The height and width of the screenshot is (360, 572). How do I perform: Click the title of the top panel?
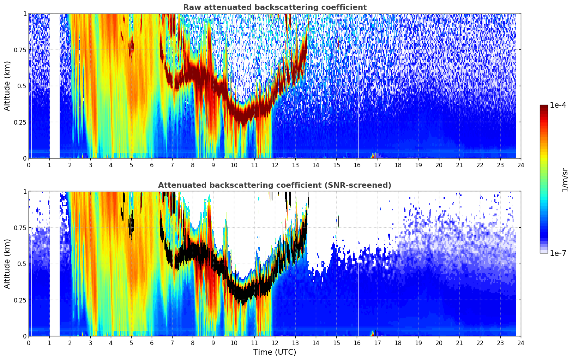(275, 7)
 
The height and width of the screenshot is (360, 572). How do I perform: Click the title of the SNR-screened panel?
(275, 185)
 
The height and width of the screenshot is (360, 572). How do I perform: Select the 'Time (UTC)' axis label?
(275, 352)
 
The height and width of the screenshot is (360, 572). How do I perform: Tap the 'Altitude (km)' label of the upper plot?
(7, 86)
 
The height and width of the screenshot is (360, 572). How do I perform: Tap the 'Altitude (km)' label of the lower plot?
(7, 264)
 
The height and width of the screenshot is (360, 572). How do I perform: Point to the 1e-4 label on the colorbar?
(558, 105)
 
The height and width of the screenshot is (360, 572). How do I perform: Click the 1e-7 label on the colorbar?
(558, 253)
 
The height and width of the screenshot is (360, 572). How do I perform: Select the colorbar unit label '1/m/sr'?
(565, 180)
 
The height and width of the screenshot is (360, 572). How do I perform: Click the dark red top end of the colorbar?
(544, 106)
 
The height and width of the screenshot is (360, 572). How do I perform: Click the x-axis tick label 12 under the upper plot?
(275, 165)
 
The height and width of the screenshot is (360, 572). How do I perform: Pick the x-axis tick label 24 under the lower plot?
(521, 343)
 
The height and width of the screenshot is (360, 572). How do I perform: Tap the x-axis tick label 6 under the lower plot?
(152, 343)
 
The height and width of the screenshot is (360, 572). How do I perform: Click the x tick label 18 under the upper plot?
(398, 165)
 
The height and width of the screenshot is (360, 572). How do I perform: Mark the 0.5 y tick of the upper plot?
(22, 86)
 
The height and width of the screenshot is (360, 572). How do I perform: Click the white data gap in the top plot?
(54, 86)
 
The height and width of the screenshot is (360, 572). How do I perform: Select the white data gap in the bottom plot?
(54, 264)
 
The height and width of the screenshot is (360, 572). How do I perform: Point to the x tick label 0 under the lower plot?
(29, 343)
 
